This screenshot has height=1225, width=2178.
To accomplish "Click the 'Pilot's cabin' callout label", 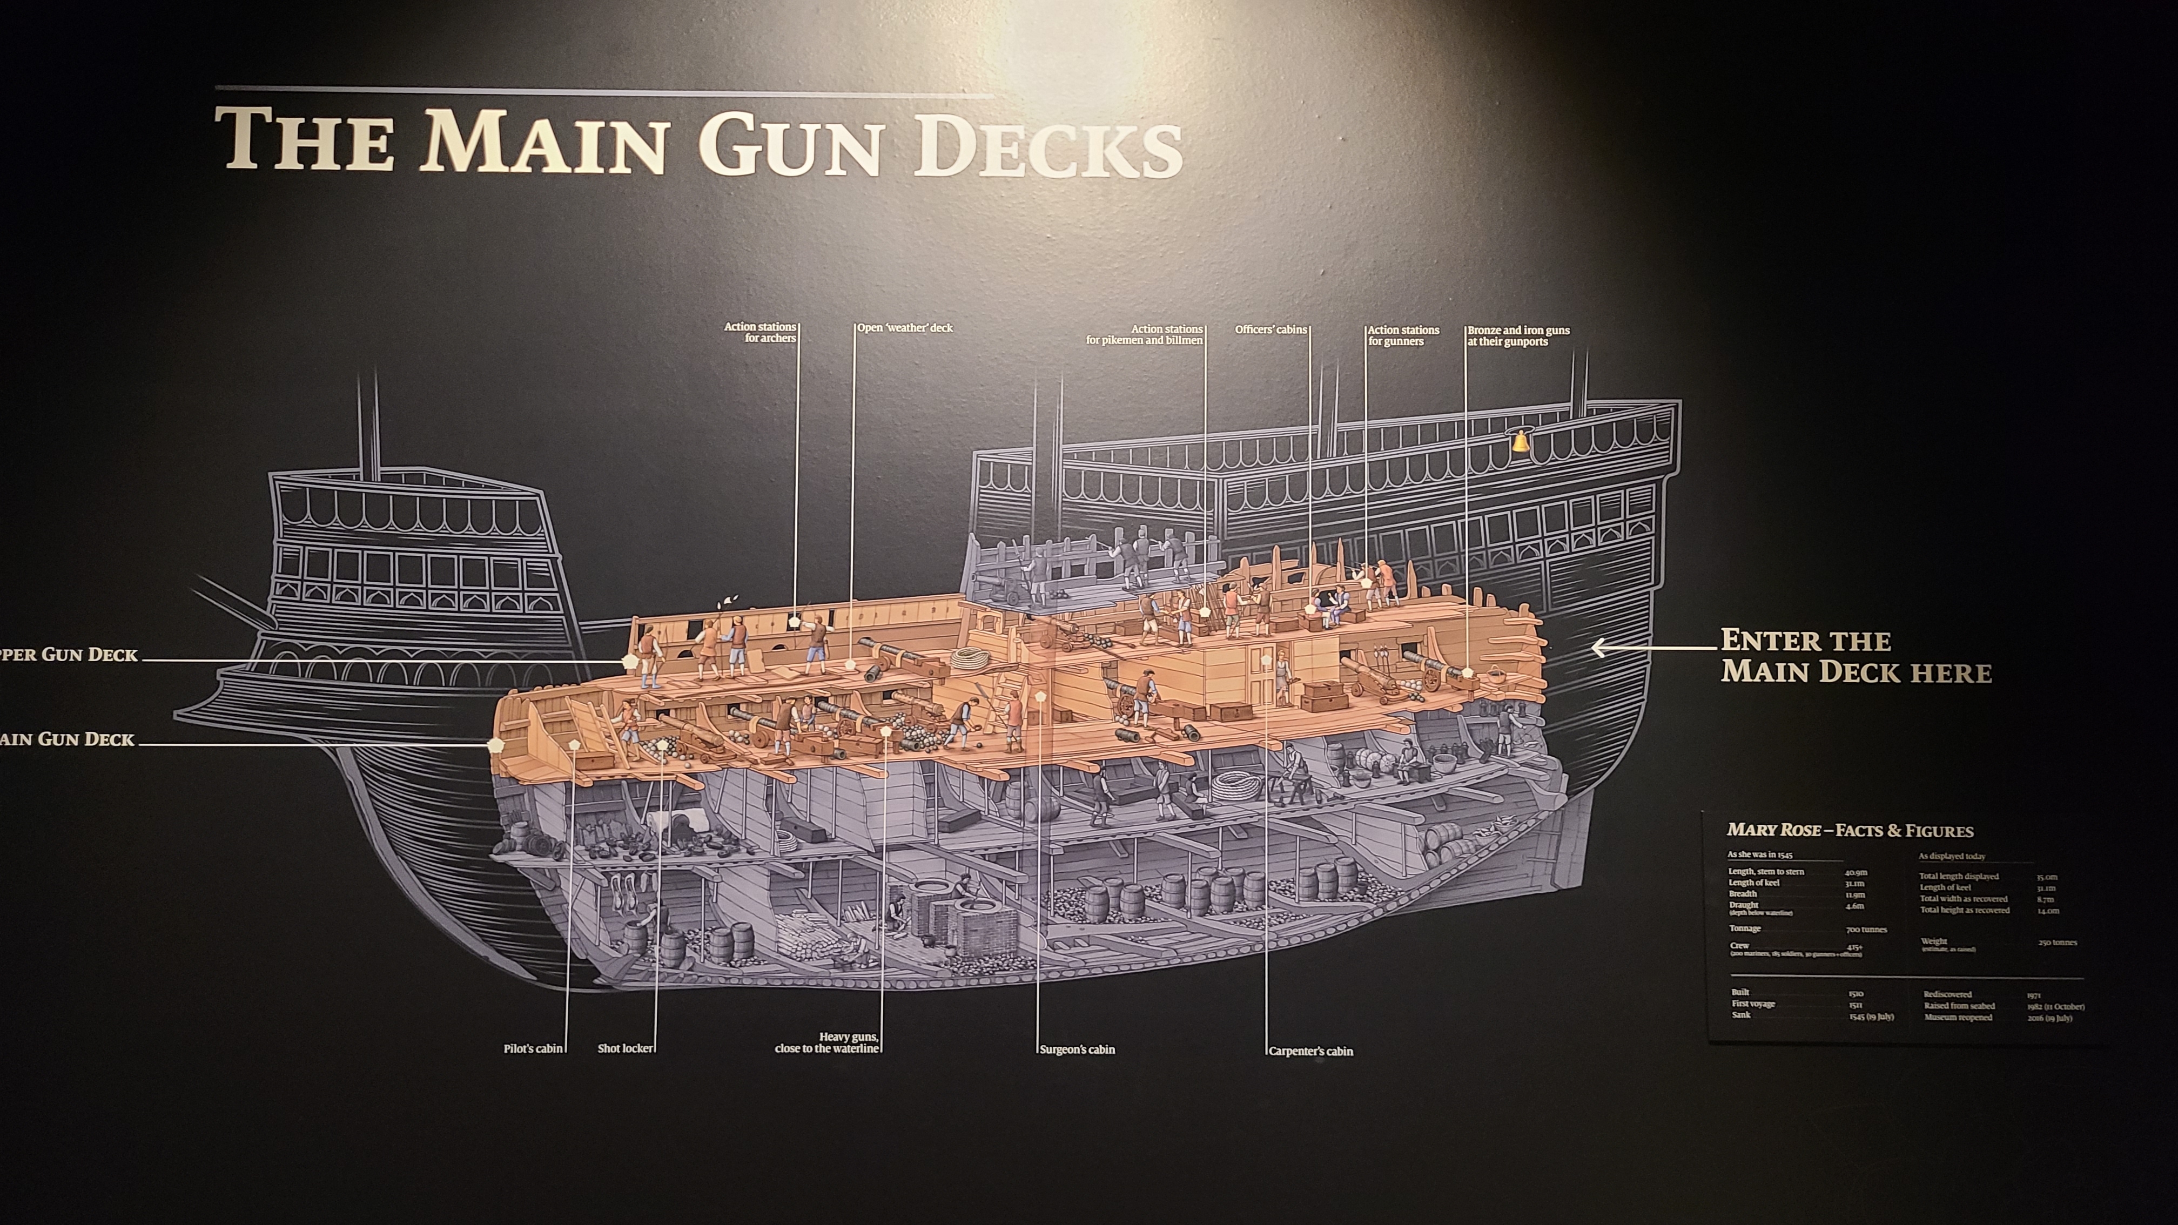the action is (x=533, y=1049).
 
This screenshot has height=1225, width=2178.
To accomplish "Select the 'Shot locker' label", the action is (x=625, y=1048).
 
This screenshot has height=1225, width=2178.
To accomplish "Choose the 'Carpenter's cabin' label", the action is (x=1310, y=1052).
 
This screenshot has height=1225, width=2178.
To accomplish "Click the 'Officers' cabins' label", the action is (x=1271, y=329).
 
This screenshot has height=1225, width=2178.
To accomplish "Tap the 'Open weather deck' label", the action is (x=905, y=328).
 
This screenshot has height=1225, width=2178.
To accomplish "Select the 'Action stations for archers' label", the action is (x=760, y=332).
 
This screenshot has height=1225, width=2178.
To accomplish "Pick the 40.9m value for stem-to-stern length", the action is (x=1856, y=872).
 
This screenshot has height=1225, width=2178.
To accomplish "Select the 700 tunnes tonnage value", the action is (x=1866, y=929).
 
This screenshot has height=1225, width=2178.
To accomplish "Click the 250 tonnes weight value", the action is (x=2057, y=943).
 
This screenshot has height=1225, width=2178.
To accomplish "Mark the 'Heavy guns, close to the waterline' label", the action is (x=827, y=1042).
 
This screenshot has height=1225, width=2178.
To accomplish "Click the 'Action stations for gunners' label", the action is (x=1403, y=335).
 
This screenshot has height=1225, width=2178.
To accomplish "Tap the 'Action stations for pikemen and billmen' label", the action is (x=1144, y=335).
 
